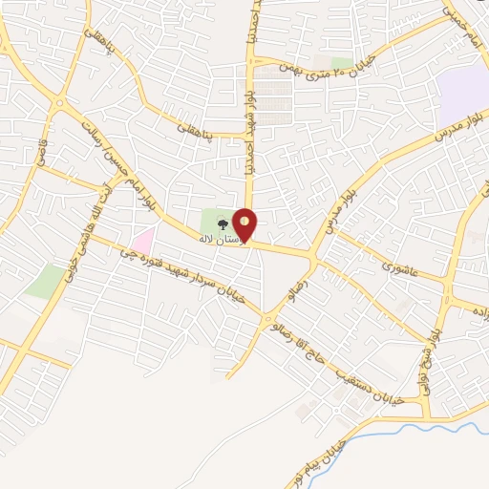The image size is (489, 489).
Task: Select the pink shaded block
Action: point(142,241)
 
